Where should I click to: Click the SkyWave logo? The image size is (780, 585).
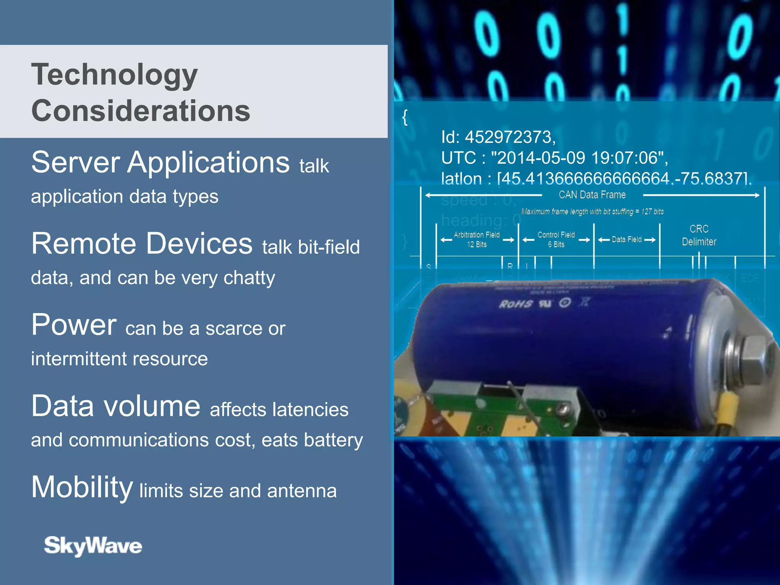(x=93, y=545)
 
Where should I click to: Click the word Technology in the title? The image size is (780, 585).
(x=114, y=75)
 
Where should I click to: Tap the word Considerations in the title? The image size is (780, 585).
(x=141, y=111)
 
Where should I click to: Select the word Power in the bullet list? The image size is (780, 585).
(x=74, y=324)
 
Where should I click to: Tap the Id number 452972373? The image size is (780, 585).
(x=509, y=137)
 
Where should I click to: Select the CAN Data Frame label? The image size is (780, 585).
(x=592, y=195)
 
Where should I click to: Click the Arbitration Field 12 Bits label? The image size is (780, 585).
(x=477, y=240)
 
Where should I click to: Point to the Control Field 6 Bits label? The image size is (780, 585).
(x=556, y=240)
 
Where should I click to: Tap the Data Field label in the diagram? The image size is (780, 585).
(x=627, y=240)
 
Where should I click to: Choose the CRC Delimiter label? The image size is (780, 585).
(x=699, y=235)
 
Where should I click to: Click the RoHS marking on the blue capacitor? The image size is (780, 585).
(x=516, y=304)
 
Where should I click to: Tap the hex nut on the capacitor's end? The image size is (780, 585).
(x=756, y=356)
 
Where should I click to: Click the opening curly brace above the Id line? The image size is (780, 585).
(x=405, y=117)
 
